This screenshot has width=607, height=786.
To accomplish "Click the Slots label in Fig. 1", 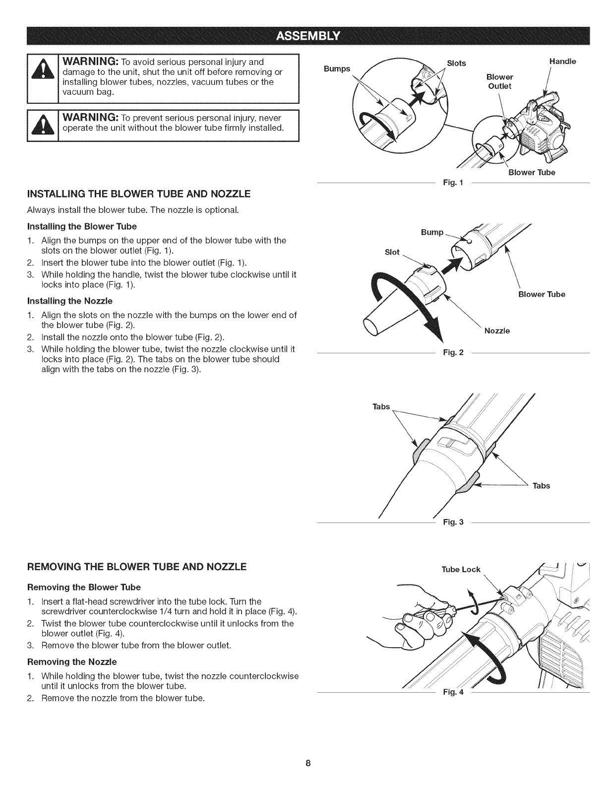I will click(456, 63).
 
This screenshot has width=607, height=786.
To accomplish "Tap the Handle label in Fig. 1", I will click(562, 62).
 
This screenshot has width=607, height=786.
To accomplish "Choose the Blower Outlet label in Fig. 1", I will click(499, 81).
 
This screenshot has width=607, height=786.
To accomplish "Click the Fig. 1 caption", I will click(453, 183).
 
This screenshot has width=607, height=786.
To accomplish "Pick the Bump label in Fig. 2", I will click(432, 232).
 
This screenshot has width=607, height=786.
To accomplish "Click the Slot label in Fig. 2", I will click(392, 252).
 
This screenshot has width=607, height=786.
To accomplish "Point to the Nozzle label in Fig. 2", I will click(497, 330).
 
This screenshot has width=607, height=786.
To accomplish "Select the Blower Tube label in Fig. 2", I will click(542, 294).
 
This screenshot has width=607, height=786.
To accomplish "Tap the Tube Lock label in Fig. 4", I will click(461, 569).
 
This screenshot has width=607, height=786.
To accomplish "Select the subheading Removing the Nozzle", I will click(72, 661).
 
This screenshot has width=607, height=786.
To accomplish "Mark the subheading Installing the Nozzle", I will click(70, 301).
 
